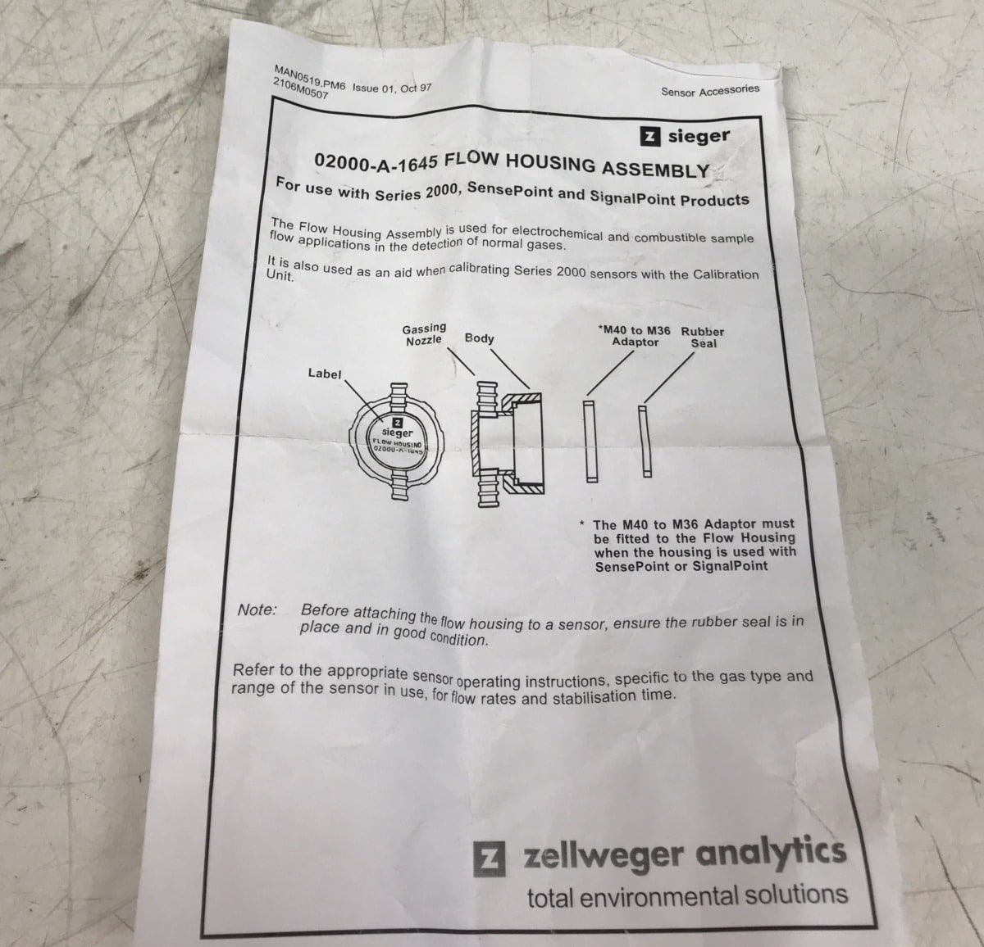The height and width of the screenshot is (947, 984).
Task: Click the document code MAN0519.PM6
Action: [309, 78]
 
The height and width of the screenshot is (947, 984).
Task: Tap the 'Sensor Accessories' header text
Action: [710, 90]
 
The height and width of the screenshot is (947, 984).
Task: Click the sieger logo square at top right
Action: [650, 136]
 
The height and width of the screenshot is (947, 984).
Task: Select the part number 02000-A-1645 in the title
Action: [376, 163]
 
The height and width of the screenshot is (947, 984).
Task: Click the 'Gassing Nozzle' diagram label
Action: [424, 334]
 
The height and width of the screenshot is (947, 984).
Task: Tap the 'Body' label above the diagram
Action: [479, 338]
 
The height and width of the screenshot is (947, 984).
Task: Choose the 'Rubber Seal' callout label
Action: [703, 338]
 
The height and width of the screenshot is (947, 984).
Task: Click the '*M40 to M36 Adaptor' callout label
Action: [635, 337]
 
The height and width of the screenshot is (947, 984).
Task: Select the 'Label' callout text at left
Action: [325, 374]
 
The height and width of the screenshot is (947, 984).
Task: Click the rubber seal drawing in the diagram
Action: [645, 441]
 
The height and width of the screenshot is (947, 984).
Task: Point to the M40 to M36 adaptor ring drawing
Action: [590, 442]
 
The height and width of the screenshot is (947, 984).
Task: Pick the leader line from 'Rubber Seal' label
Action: [669, 378]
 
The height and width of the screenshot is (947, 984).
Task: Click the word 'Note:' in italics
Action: [257, 610]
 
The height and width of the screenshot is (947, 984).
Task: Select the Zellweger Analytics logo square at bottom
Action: [489, 858]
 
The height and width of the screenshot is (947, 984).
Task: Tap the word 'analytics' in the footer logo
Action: [771, 853]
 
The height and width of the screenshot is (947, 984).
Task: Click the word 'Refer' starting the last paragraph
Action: [253, 670]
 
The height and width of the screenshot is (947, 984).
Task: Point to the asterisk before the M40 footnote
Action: [581, 523]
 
